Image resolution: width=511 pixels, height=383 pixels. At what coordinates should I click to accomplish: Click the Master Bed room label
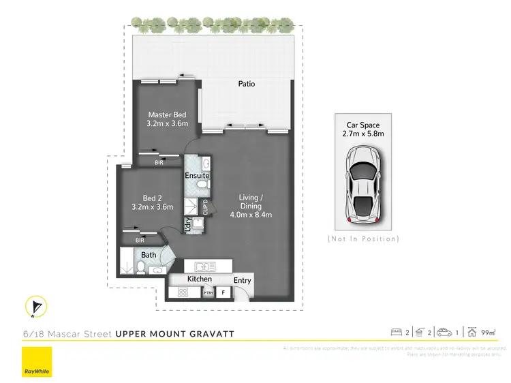click(166, 114)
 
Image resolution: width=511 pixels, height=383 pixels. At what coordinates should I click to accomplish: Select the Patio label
click(247, 85)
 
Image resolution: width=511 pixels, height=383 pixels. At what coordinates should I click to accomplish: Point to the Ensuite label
click(197, 176)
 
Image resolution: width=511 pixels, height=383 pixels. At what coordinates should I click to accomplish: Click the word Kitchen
click(200, 279)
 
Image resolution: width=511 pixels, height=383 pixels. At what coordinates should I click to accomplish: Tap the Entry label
click(242, 280)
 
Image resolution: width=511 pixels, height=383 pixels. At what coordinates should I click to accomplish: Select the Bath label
click(149, 255)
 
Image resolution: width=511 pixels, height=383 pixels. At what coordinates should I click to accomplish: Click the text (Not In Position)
click(363, 239)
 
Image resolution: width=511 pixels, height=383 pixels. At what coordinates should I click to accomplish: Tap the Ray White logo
click(37, 362)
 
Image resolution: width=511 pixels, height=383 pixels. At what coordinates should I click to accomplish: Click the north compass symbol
click(35, 308)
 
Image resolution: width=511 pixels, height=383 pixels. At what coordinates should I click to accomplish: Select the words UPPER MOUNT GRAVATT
click(175, 333)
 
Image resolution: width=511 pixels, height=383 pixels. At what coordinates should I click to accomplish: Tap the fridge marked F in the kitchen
click(223, 292)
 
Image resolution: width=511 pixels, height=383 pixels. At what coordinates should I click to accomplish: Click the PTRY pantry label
click(208, 293)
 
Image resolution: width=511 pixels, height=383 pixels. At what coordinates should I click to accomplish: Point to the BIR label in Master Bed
click(159, 163)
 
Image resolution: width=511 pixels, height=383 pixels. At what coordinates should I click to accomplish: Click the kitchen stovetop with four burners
click(184, 292)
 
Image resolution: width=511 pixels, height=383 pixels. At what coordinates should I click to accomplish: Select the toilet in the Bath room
click(140, 267)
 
